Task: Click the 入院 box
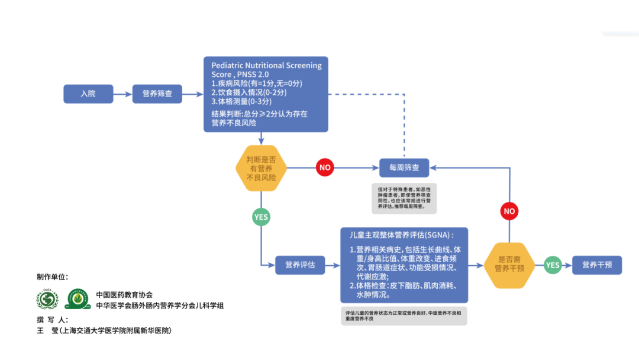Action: click(x=88, y=94)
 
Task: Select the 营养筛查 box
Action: click(x=157, y=94)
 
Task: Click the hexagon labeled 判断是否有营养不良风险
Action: click(x=260, y=168)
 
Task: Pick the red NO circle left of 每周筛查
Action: click(x=325, y=168)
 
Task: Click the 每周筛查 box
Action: click(x=404, y=168)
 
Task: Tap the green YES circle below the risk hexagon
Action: click(x=261, y=217)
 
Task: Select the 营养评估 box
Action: click(x=300, y=265)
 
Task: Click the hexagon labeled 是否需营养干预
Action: click(x=509, y=265)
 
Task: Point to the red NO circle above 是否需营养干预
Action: click(x=509, y=211)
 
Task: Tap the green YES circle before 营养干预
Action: click(x=553, y=265)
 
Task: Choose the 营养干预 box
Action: click(x=597, y=265)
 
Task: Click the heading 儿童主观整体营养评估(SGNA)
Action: click(x=402, y=235)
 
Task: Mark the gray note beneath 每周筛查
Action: click(x=404, y=198)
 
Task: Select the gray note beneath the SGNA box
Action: click(x=404, y=315)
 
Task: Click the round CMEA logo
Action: click(x=47, y=299)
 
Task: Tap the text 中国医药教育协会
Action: click(x=124, y=294)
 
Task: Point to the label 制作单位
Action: click(x=52, y=277)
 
